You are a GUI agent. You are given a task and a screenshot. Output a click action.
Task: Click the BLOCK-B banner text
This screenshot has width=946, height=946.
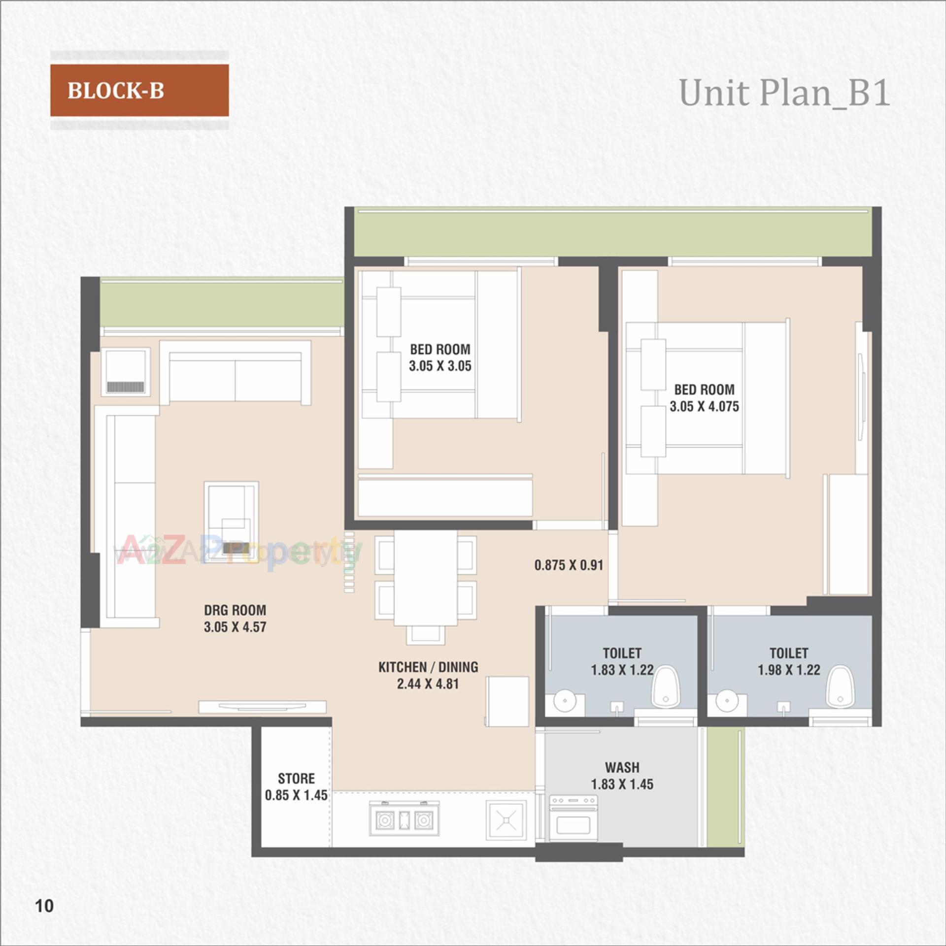tap(116, 91)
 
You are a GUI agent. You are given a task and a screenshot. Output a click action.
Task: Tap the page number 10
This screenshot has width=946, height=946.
tap(44, 905)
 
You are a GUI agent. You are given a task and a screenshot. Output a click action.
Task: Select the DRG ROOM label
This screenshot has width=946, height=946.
tap(235, 610)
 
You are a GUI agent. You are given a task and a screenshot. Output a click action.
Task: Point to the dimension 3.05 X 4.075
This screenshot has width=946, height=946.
tap(704, 406)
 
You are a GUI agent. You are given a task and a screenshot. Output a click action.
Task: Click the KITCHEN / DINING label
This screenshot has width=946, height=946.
tap(428, 667)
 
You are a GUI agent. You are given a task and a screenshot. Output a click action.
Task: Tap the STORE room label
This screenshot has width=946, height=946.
tap(296, 778)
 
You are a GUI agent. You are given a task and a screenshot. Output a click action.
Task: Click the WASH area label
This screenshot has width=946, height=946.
tap(622, 767)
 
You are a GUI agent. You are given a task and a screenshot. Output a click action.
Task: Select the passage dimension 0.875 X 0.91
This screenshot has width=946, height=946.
tap(569, 565)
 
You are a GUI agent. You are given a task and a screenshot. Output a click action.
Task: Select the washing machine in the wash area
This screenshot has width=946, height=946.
tap(573, 818)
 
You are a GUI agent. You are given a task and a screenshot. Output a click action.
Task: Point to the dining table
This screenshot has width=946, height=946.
tap(425, 577)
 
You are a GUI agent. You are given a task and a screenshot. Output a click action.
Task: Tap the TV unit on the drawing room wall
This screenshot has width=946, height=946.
tap(262, 707)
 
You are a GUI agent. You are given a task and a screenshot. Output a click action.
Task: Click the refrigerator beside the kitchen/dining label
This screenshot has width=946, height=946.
tap(507, 701)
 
